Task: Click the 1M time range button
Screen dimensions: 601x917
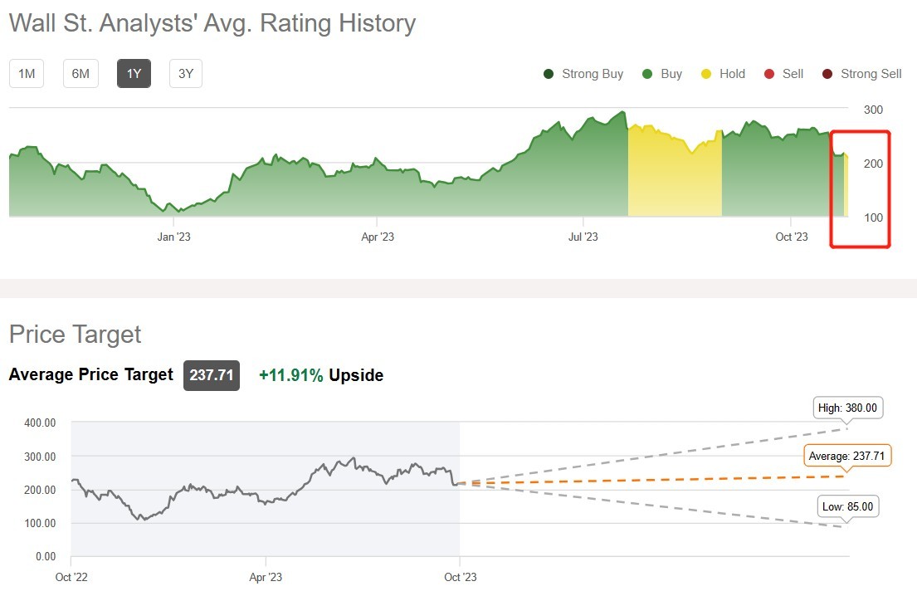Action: coord(27,74)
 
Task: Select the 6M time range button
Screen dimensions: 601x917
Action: coord(80,74)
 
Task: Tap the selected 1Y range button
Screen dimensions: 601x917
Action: coord(134,74)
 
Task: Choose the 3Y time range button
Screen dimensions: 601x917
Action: coord(186,74)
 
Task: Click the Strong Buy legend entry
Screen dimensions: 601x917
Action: coord(583,74)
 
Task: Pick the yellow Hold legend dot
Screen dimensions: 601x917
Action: coord(706,74)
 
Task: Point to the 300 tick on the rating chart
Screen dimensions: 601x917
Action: coord(873,110)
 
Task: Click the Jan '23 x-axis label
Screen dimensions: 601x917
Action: coord(173,237)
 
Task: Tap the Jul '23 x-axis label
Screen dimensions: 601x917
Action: coord(583,237)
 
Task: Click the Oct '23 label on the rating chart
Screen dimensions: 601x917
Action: coord(791,237)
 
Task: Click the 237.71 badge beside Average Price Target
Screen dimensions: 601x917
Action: coord(212,375)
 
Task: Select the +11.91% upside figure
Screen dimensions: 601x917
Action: coord(291,375)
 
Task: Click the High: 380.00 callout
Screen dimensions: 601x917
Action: coord(847,408)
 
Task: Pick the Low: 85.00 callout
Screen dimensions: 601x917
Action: coord(847,506)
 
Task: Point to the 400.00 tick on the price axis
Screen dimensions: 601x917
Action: coord(39,423)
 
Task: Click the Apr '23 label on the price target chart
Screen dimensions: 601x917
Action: coord(265,577)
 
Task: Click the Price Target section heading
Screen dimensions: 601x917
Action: coord(76,335)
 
